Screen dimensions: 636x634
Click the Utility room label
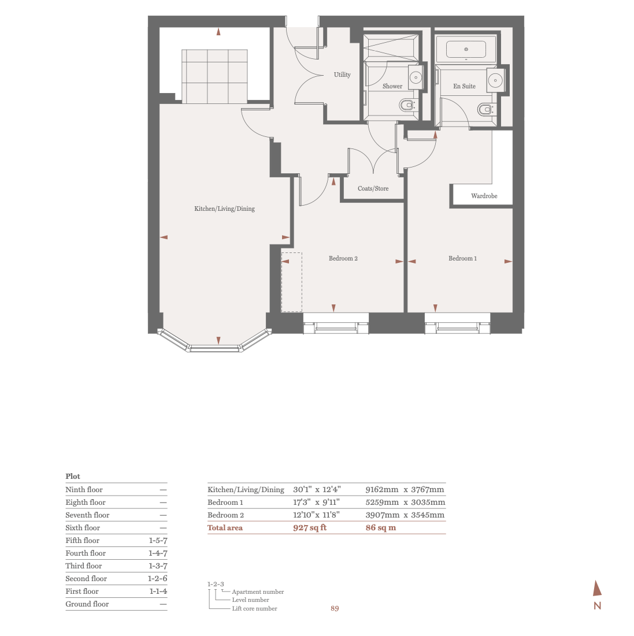[x=342, y=75]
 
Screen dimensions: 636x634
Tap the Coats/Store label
[x=373, y=188]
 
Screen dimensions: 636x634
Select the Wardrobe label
[x=484, y=196]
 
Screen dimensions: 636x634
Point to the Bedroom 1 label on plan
[x=462, y=258]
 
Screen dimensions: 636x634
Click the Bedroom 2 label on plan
[x=343, y=258]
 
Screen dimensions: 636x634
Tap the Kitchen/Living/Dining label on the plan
[x=224, y=209]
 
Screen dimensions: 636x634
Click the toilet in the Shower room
[x=407, y=105]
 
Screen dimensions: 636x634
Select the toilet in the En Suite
[x=484, y=109]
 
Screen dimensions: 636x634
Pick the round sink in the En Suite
[x=495, y=80]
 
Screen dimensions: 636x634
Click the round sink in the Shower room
[x=415, y=76]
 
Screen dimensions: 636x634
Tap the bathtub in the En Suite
[x=466, y=50]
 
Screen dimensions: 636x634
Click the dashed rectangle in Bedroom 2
[x=291, y=282]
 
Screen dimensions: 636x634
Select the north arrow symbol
[x=597, y=589]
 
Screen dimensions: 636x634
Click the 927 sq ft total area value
[x=310, y=527]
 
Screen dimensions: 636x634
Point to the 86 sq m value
[x=380, y=527]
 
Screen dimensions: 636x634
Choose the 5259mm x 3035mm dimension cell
[x=405, y=502]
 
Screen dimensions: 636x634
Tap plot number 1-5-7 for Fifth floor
[x=158, y=540]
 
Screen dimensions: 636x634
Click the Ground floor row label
[x=87, y=604]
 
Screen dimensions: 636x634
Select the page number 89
[x=335, y=608]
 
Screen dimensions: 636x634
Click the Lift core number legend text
[x=254, y=608]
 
